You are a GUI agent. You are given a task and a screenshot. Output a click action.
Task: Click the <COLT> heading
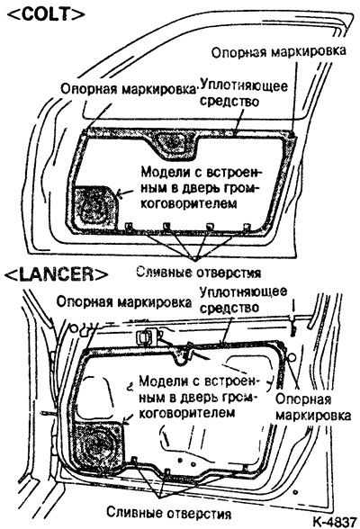point(46,13)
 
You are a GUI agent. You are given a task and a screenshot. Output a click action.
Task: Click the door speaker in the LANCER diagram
point(98,446)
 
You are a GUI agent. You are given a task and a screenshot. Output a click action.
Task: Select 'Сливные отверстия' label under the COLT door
point(198,272)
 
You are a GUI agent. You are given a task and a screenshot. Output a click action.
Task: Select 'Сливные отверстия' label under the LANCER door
point(169,513)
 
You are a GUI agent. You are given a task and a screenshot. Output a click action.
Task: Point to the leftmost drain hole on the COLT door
point(129,226)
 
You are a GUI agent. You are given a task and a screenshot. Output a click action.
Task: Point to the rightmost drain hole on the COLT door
point(247,226)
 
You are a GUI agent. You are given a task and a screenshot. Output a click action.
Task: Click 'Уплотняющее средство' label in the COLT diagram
point(244,94)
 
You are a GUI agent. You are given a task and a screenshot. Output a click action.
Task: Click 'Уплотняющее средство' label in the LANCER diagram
point(243,300)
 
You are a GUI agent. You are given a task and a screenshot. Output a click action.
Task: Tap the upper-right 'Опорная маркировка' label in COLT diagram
point(279,51)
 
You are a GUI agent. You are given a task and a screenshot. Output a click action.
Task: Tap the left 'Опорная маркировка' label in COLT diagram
point(129,89)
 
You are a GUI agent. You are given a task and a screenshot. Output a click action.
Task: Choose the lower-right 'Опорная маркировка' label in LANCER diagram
point(313,407)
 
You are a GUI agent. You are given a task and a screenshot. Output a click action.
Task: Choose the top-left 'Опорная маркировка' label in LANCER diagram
point(124,302)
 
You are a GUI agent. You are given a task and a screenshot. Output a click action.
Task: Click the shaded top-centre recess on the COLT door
point(173,143)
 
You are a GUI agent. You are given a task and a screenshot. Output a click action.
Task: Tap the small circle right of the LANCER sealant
point(292,356)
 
